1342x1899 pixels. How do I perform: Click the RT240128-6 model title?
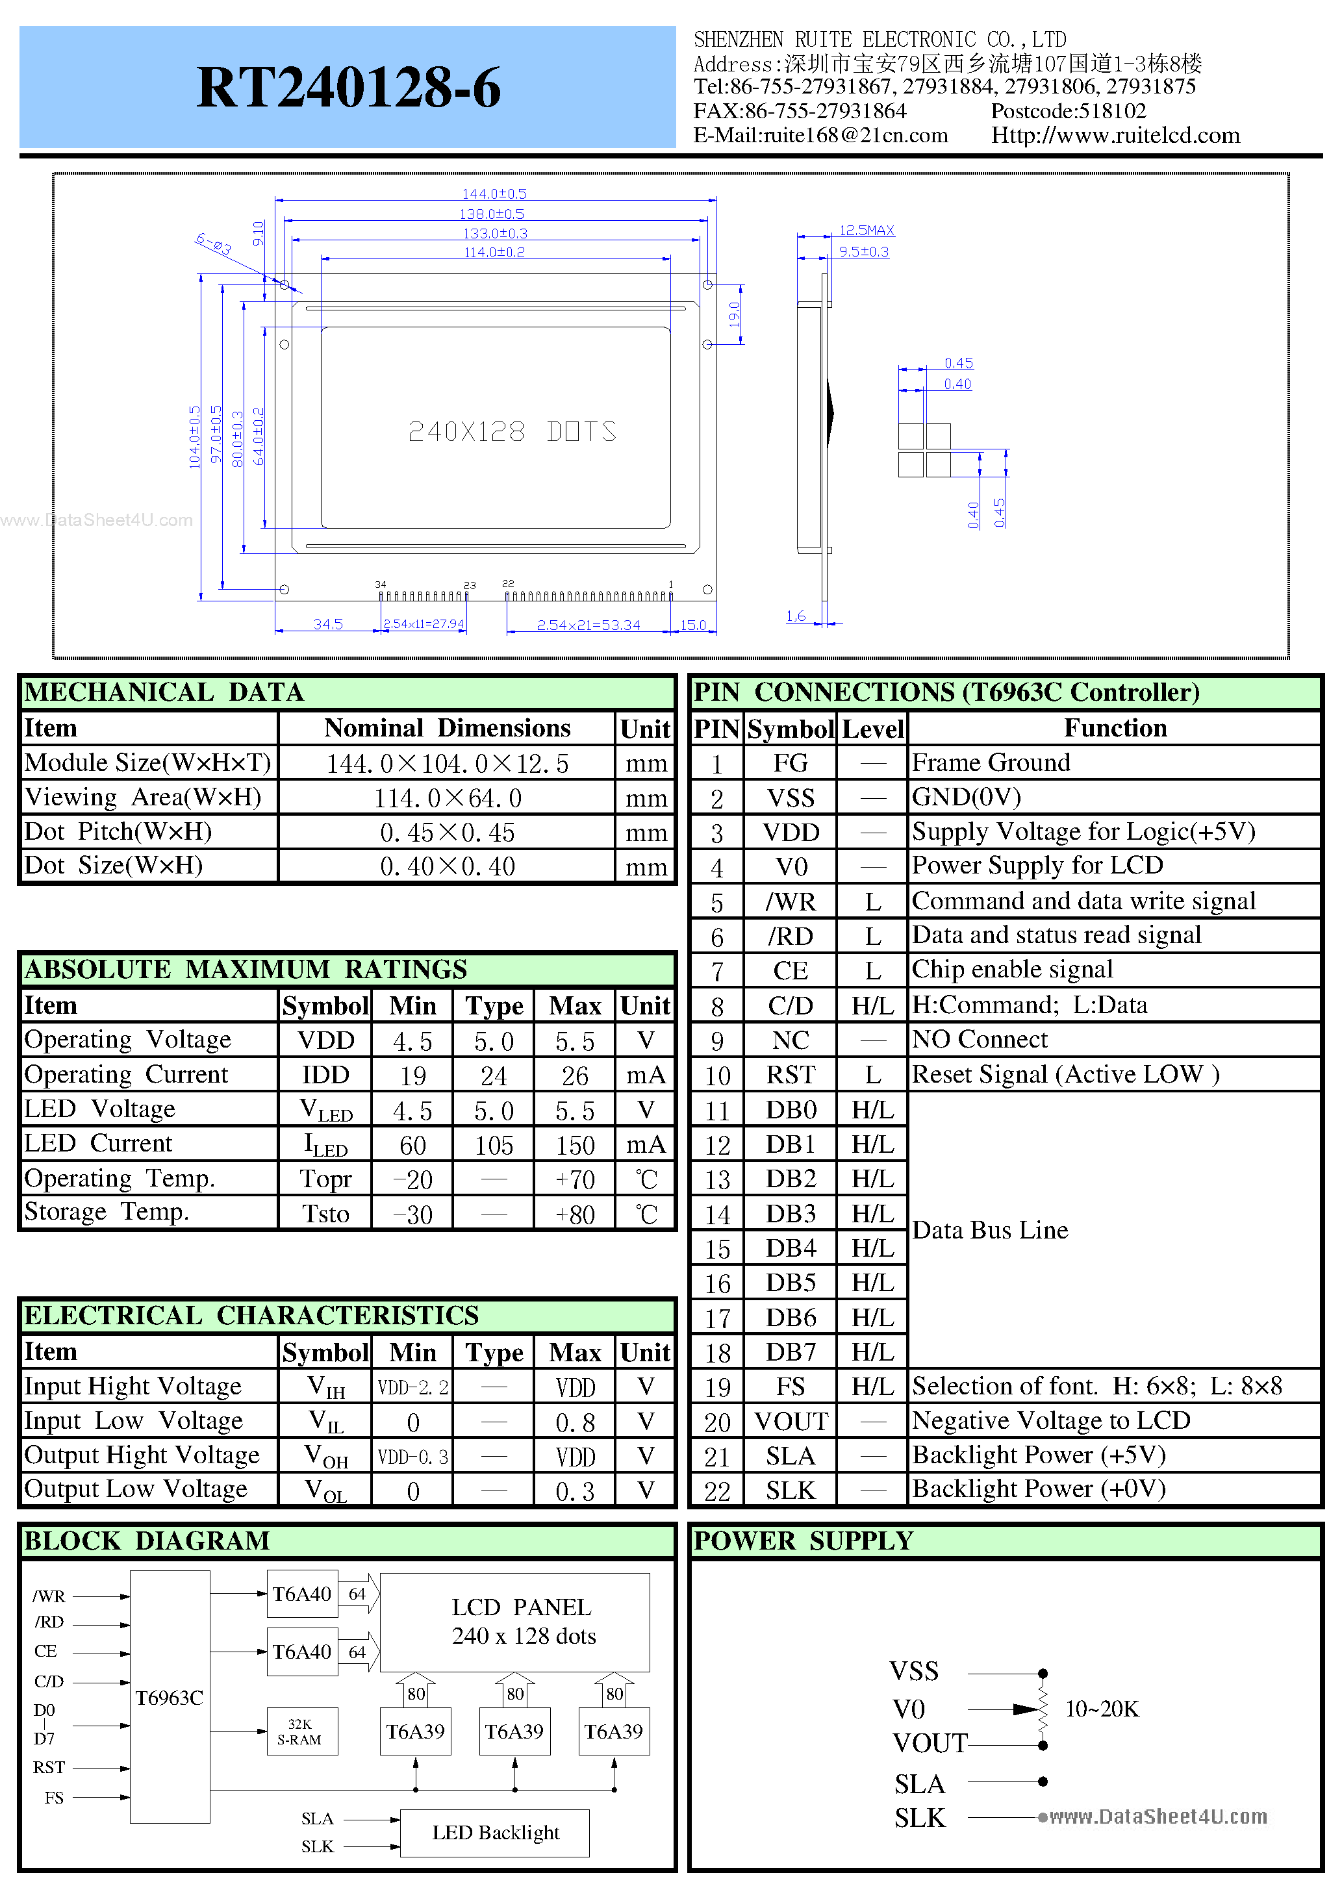point(348,88)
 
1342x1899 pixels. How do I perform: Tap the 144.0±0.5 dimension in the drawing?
point(494,194)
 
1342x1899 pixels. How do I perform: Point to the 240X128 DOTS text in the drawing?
point(512,432)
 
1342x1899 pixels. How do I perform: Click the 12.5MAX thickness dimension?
point(867,231)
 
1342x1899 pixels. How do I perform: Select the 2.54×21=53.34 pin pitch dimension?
point(589,625)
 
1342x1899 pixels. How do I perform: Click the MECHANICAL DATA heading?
point(164,692)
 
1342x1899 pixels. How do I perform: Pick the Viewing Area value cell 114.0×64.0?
point(447,798)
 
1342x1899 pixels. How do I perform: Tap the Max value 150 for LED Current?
point(575,1146)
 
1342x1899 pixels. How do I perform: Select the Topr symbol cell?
point(325,1179)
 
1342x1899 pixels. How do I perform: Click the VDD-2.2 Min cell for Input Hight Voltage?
point(412,1388)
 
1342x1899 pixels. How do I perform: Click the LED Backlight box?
point(495,1833)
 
